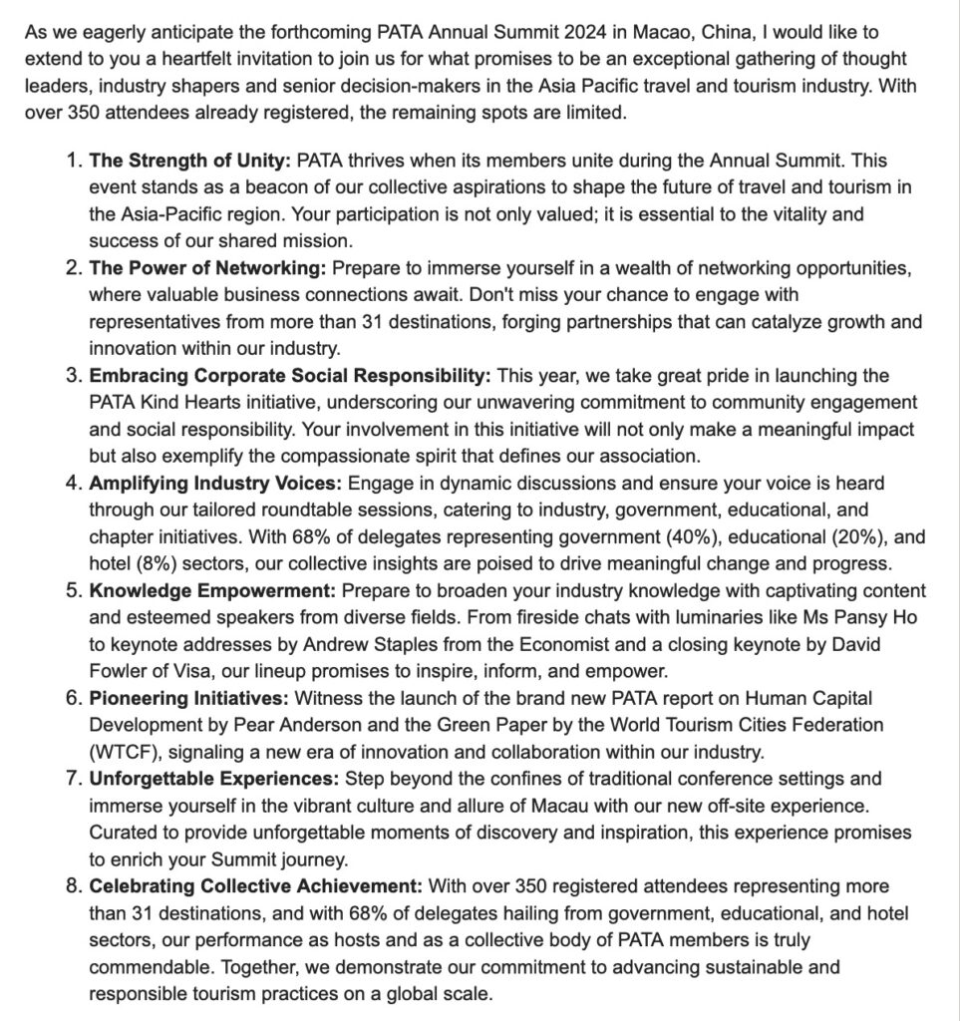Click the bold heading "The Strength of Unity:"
pos(190,161)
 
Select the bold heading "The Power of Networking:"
pos(207,268)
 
